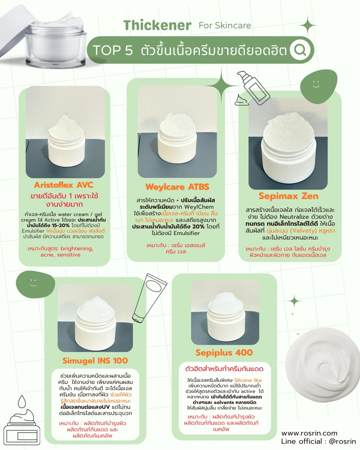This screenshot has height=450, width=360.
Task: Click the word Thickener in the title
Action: point(157,25)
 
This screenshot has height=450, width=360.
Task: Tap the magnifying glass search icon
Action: point(299,49)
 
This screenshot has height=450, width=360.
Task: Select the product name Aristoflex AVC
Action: point(63,185)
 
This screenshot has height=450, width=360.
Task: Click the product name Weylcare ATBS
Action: point(177,187)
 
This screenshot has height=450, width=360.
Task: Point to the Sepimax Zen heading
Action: point(288,196)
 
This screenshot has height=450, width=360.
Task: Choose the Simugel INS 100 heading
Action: point(95,360)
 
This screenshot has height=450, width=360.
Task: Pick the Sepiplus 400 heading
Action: point(224,352)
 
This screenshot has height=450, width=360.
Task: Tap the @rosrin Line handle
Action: point(342,441)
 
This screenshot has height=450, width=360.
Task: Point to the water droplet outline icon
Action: point(22,401)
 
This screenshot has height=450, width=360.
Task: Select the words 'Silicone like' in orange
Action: point(248,380)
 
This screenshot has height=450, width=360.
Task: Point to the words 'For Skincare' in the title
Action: point(225,26)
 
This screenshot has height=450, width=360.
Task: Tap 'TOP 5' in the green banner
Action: point(113,50)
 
